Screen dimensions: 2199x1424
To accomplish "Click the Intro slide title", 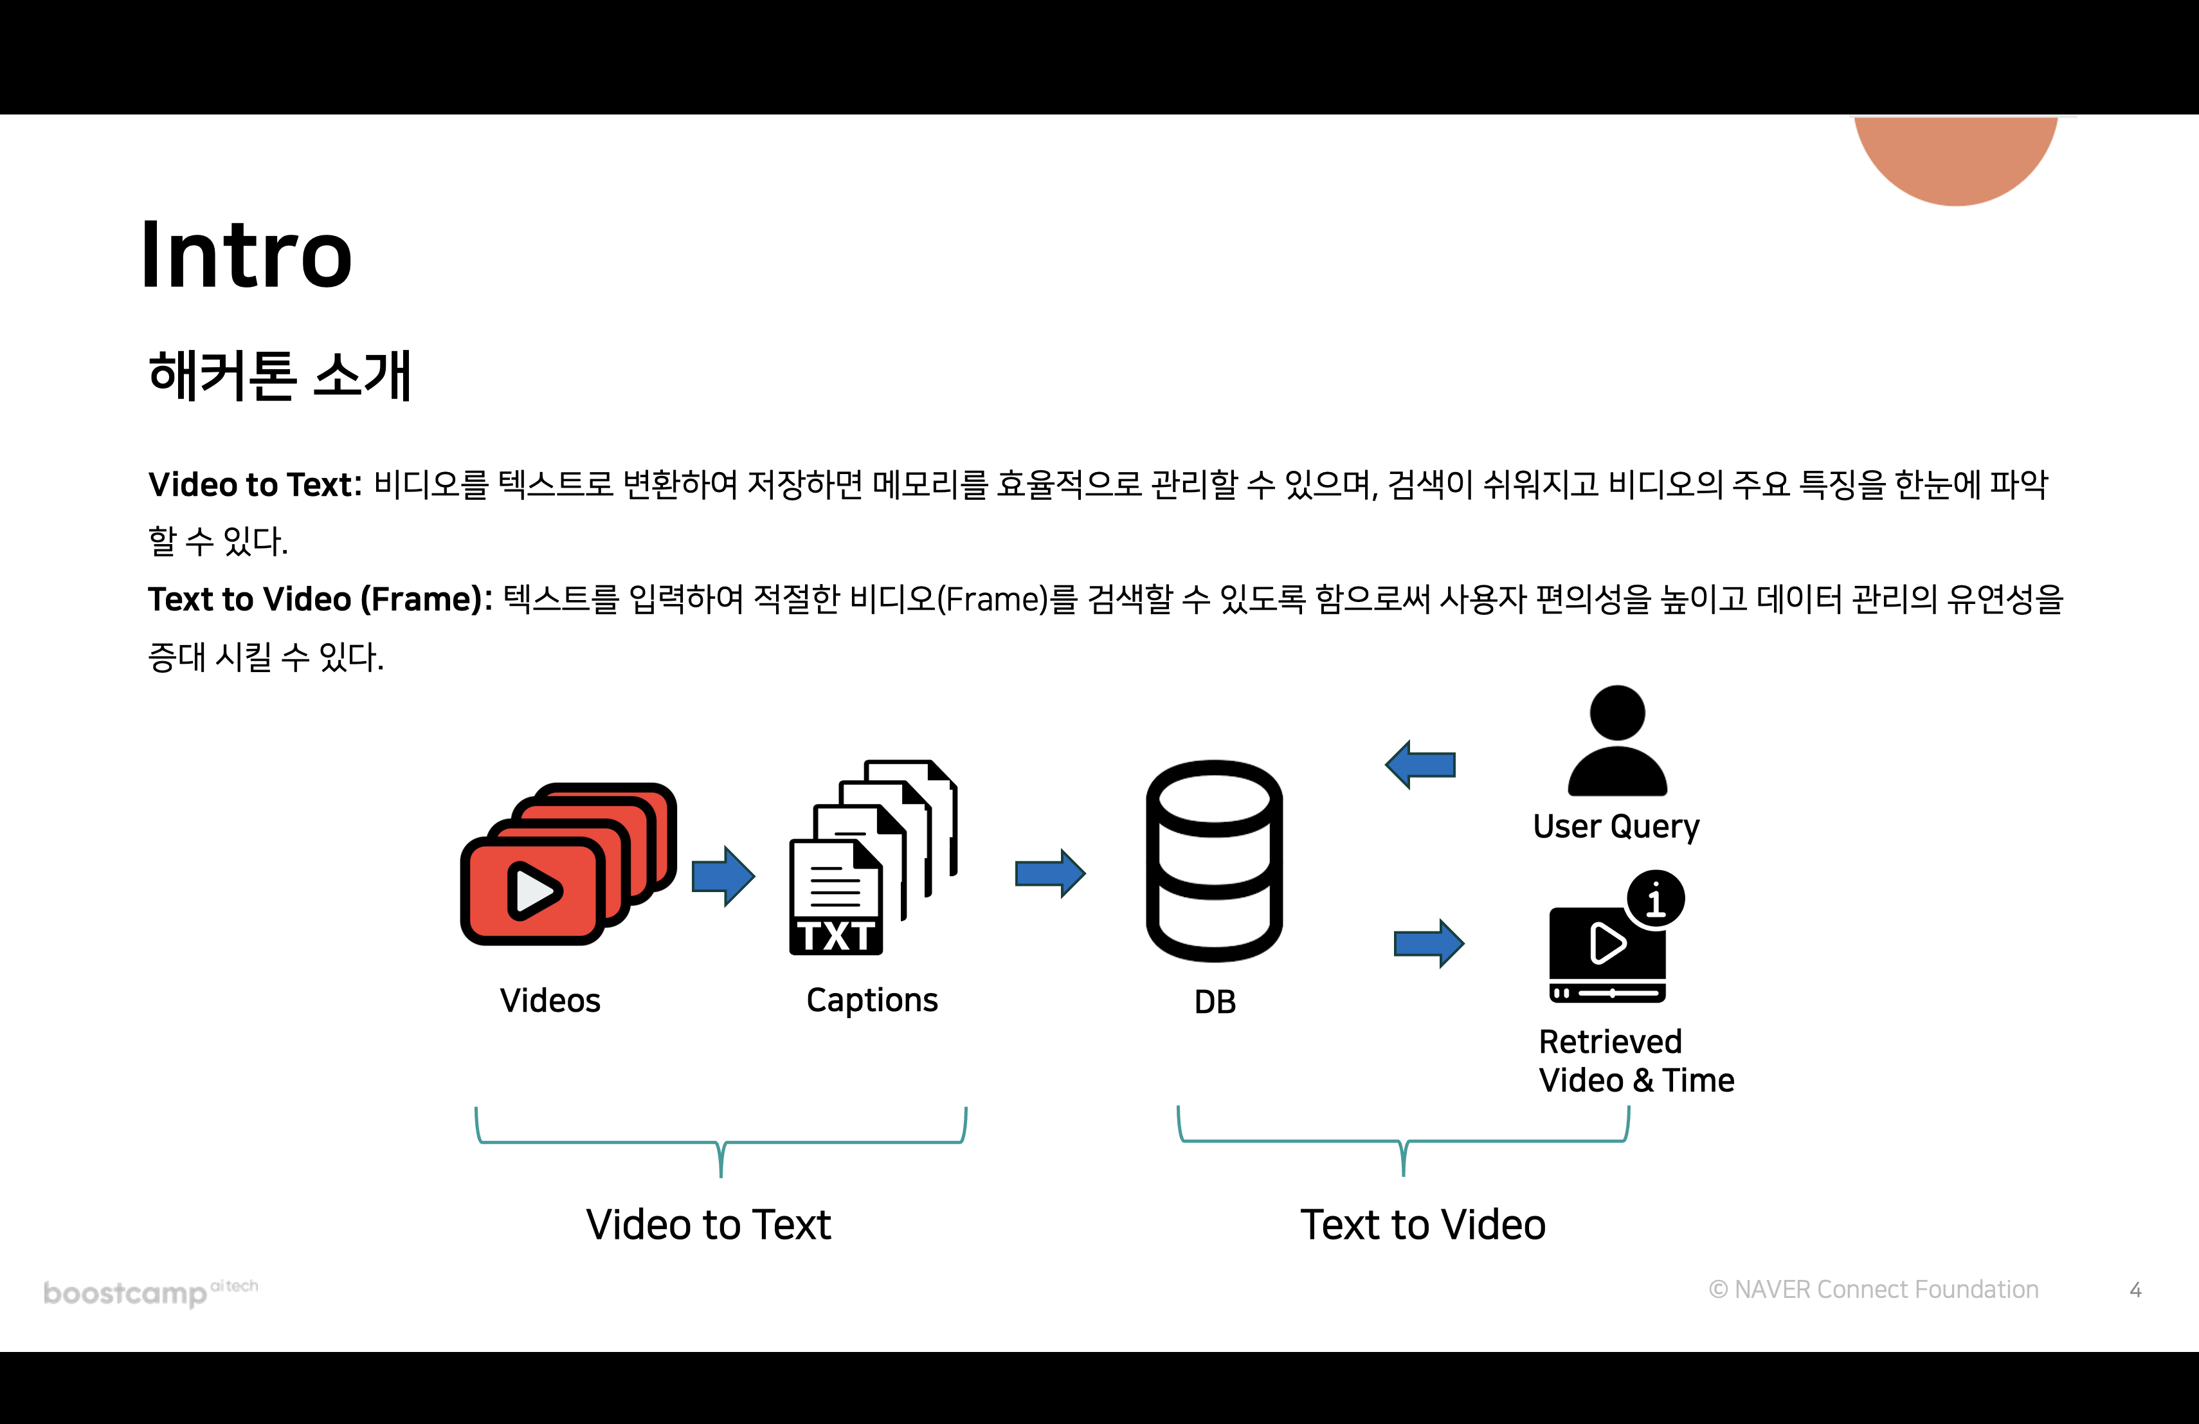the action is tap(247, 255).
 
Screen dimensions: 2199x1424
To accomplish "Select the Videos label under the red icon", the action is tap(550, 1001).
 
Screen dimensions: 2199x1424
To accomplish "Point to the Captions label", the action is tap(871, 1000).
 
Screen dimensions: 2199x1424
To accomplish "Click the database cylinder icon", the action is tap(1213, 861).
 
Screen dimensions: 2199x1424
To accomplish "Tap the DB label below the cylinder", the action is tap(1214, 1001).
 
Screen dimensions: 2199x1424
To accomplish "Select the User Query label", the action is tap(1616, 826).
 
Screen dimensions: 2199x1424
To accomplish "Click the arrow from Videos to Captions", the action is tap(723, 875).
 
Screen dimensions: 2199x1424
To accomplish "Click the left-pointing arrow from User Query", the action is tap(1420, 764).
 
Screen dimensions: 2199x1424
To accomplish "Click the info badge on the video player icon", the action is tap(1656, 899).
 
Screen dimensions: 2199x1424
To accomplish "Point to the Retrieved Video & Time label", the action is tap(1634, 1061).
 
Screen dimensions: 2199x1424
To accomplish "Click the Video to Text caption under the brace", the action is tap(709, 1225).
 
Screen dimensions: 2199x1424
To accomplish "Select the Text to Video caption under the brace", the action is tap(1423, 1225).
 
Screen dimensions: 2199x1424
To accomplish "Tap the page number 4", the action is tap(2135, 1290).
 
